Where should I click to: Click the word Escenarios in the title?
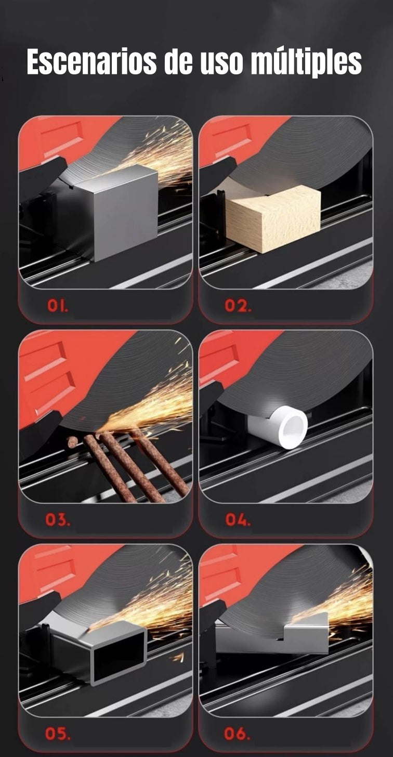(91, 62)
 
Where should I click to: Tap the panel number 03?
(58, 520)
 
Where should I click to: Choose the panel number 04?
(238, 520)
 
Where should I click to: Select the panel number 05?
(58, 734)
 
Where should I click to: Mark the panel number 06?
(237, 734)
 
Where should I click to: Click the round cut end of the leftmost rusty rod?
(72, 440)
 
